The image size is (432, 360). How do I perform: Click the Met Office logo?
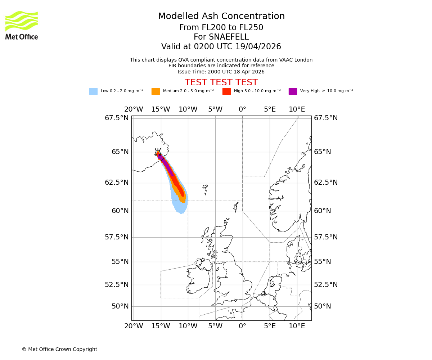click(22, 25)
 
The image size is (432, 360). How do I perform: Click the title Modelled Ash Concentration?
click(221, 16)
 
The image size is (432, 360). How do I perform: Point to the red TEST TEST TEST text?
click(221, 82)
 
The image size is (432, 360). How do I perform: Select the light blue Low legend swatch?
click(93, 91)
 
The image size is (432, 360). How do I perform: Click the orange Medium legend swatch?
click(156, 91)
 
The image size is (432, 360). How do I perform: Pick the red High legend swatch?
click(226, 91)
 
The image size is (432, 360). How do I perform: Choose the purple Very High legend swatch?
click(293, 91)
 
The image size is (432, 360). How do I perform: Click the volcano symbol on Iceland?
click(158, 152)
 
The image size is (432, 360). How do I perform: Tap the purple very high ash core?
click(167, 166)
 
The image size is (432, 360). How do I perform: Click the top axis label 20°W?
click(134, 109)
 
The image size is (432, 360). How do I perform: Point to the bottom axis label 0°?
click(242, 326)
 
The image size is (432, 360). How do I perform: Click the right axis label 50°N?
click(322, 306)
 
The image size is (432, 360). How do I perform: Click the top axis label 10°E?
click(297, 109)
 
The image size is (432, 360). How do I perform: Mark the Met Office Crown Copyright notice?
click(59, 349)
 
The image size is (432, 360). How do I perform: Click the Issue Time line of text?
click(221, 72)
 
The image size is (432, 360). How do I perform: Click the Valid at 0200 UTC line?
click(221, 47)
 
